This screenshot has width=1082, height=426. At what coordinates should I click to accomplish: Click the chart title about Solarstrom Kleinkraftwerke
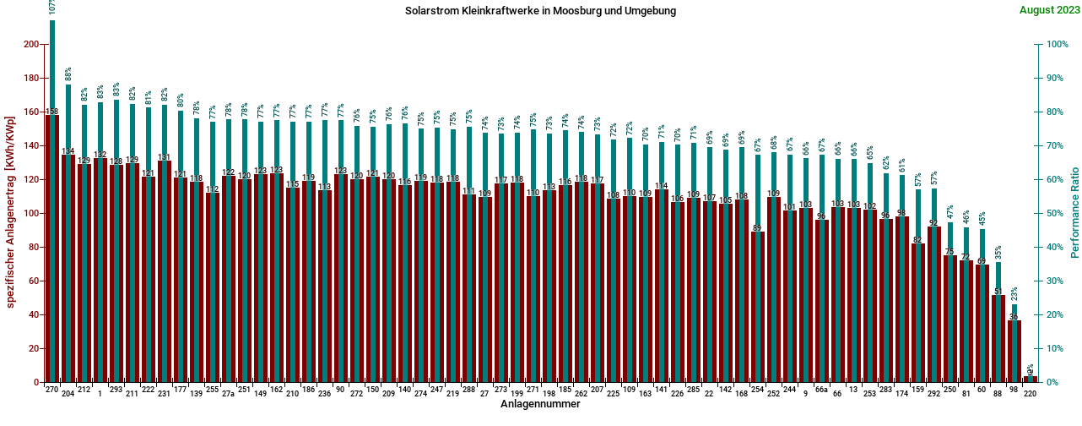[x=541, y=11]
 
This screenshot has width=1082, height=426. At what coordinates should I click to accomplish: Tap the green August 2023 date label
[x=1048, y=10]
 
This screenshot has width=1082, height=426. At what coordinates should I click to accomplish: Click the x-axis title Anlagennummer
[x=540, y=405]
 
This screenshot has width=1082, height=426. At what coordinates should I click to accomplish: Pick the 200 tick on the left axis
[x=31, y=44]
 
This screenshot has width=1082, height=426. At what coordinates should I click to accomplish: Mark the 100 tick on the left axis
[x=31, y=213]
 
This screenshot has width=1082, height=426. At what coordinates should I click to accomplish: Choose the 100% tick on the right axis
[x=1058, y=44]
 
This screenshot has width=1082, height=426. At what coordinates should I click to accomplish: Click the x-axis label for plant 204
[x=68, y=394]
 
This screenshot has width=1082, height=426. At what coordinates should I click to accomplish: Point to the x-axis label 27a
[x=228, y=394]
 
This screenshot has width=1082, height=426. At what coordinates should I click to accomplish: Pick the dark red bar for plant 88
[x=998, y=338]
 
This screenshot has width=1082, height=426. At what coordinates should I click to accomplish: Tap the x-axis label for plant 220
[x=1030, y=394]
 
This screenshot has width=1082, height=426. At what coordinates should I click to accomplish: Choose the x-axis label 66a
[x=821, y=394]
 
